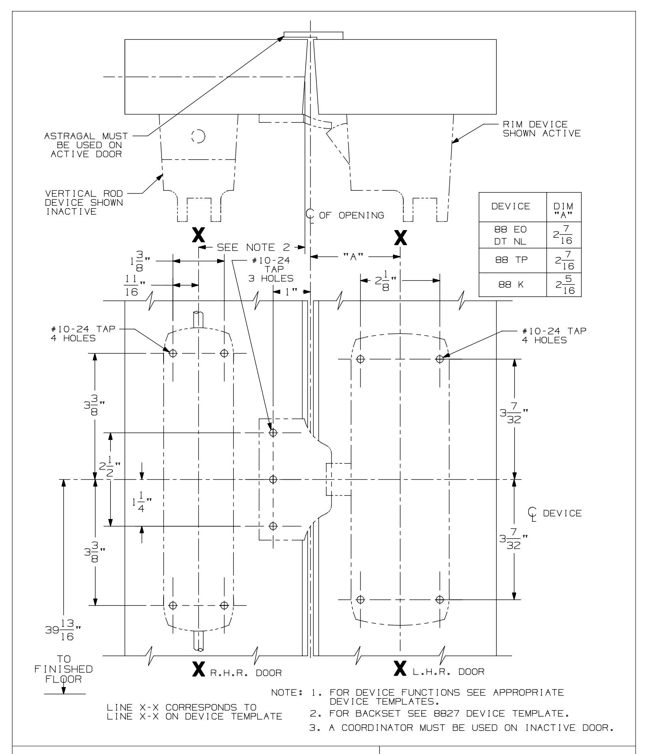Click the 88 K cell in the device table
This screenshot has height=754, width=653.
[x=513, y=284]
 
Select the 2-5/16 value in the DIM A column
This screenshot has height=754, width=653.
[x=564, y=284]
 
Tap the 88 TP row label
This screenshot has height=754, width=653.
[x=513, y=260]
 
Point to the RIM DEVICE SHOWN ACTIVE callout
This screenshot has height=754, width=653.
[x=542, y=129]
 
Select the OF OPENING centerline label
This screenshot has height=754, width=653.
[x=351, y=215]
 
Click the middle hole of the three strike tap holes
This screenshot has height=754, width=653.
[x=274, y=479]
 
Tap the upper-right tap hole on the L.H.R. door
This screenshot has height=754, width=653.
[x=440, y=359]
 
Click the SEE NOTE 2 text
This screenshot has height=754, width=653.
[x=251, y=247]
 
